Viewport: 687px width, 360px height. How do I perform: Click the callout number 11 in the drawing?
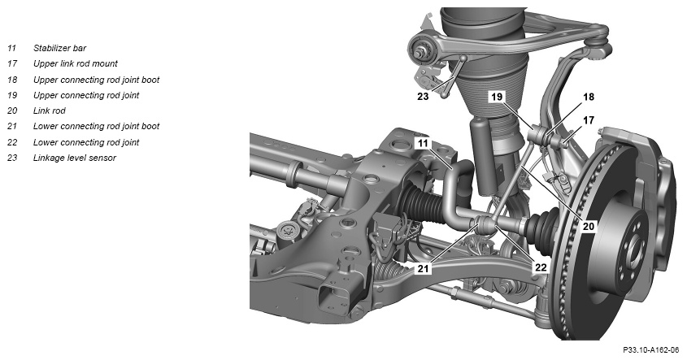pos(423,143)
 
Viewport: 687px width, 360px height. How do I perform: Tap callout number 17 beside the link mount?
pos(589,120)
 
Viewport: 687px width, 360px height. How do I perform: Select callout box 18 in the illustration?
pos(589,97)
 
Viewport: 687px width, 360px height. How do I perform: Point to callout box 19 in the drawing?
pos(497,97)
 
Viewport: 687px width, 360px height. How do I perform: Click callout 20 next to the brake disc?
pos(589,226)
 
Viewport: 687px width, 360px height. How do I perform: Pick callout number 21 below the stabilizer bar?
pos(423,267)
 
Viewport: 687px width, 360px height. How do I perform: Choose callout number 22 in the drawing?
pos(541,267)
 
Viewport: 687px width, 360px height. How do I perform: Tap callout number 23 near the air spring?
pos(423,96)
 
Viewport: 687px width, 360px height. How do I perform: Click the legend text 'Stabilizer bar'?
pos(59,48)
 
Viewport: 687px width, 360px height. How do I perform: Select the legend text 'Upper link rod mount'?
pos(76,63)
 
